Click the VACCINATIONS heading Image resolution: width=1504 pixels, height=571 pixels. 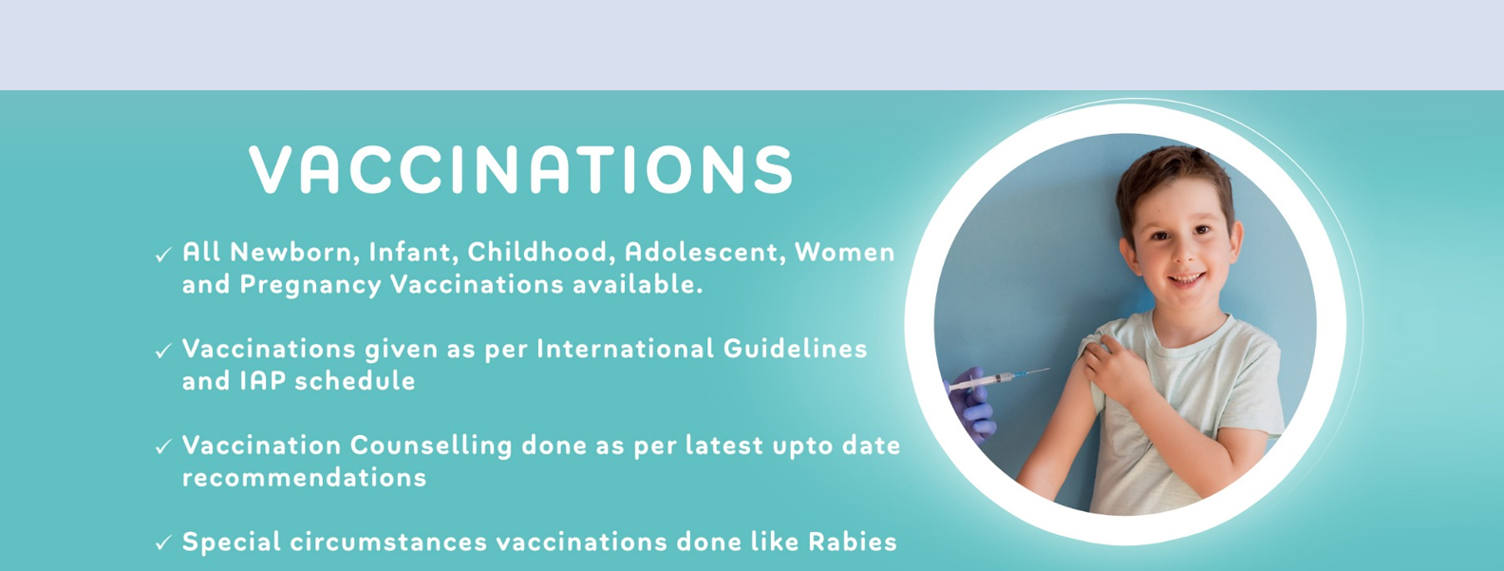521,168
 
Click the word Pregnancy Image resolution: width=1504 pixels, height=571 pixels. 310,285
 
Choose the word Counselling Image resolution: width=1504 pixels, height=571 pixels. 431,446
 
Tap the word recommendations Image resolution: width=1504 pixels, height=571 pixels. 304,478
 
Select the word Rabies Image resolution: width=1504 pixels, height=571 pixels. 852,542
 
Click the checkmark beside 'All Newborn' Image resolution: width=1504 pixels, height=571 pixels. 163,256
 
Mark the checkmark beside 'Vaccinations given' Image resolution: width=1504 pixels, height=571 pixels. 163,352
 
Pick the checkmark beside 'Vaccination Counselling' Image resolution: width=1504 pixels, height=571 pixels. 163,447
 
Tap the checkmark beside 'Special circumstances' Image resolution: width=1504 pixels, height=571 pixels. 163,543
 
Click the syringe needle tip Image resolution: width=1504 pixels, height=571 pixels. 1049,369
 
